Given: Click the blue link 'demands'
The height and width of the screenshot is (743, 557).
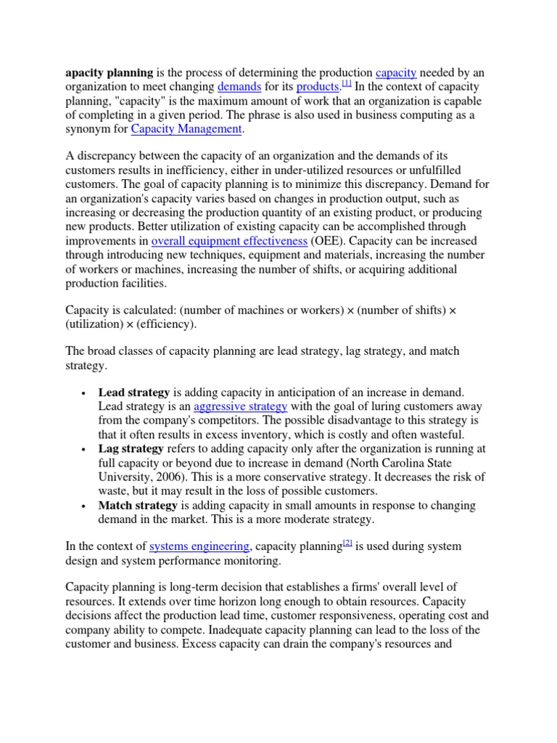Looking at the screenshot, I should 239,87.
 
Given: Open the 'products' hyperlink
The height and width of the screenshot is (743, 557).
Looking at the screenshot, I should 318,87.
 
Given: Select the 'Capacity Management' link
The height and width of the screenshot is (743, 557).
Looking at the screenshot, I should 186,129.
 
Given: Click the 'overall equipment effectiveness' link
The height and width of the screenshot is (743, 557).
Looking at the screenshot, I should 229,241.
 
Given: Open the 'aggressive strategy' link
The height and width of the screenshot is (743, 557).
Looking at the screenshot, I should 240,406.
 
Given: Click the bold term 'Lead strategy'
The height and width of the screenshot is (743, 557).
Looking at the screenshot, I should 134,393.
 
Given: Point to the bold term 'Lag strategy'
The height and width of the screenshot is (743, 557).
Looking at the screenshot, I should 131,448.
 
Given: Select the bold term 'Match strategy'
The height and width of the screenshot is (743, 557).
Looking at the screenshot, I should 138,505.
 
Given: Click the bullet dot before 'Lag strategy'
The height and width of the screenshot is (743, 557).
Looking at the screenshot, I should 85,450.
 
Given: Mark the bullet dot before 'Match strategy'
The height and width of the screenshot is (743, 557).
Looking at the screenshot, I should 85,506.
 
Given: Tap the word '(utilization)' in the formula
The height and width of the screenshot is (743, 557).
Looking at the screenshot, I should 96,324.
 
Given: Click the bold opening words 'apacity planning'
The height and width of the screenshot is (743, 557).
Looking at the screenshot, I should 110,73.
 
